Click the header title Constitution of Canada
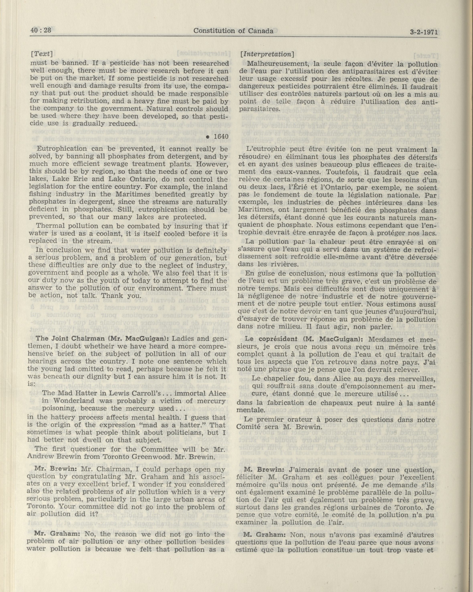pos(233,31)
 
